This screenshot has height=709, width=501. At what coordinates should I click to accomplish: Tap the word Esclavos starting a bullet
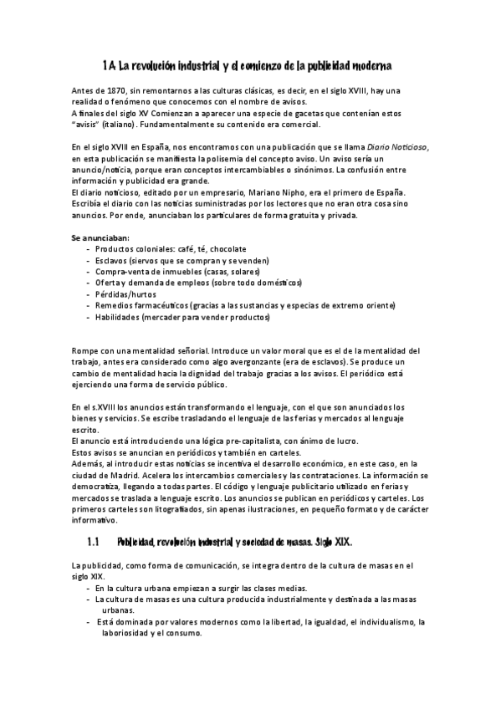(114, 260)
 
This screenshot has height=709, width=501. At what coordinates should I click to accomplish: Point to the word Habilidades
(118, 317)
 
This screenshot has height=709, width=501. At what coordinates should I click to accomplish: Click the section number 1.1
(93, 542)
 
